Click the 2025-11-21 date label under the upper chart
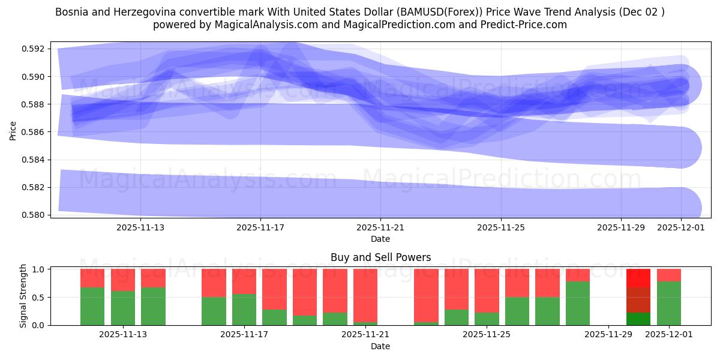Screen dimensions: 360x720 380,228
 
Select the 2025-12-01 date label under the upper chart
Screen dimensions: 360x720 680,228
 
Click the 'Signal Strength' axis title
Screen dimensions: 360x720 23,296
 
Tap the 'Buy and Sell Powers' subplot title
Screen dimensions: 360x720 380,257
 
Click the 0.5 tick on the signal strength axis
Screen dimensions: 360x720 37,298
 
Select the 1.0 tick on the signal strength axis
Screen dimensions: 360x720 37,269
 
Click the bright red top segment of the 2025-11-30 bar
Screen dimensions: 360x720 638,278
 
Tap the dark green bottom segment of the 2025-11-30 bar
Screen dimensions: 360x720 638,319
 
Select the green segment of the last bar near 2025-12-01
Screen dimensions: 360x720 669,304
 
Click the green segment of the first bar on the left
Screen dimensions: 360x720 92,306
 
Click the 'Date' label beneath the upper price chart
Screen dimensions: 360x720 380,239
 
